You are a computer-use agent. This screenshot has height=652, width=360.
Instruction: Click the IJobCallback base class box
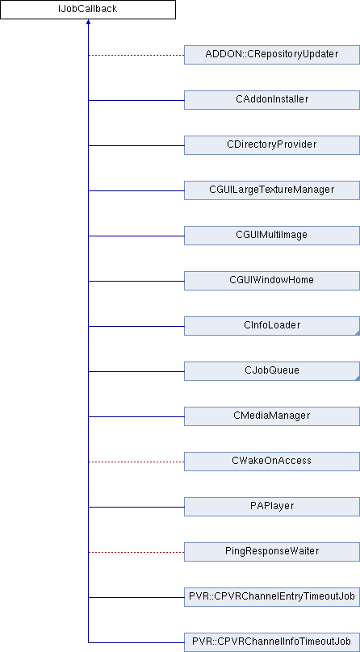[x=88, y=10]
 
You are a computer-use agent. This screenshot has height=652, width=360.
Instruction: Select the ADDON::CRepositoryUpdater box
[x=272, y=55]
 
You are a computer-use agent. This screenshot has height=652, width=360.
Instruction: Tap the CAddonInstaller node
[x=272, y=100]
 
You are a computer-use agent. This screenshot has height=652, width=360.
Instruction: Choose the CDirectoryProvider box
[x=272, y=145]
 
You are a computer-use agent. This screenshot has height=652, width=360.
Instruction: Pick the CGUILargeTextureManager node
[x=272, y=190]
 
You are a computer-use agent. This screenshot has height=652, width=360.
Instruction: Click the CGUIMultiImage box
[x=272, y=236]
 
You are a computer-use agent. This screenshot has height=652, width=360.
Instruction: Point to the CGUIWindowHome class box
[x=272, y=281]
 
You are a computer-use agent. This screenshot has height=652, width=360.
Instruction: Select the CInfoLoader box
[x=272, y=326]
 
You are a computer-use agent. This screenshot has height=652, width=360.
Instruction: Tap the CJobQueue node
[x=272, y=371]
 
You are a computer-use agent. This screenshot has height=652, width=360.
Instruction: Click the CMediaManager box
[x=272, y=416]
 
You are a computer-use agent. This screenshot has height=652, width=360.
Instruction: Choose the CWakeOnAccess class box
[x=272, y=462]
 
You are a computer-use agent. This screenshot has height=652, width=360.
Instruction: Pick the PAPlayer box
[x=272, y=507]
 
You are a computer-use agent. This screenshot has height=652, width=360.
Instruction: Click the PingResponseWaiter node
[x=272, y=552]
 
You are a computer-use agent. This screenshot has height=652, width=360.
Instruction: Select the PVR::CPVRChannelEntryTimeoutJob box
[x=272, y=597]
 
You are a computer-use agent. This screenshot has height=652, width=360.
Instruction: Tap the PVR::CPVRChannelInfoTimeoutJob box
[x=272, y=642]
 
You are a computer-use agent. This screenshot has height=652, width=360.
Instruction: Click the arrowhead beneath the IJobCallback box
[x=88, y=22]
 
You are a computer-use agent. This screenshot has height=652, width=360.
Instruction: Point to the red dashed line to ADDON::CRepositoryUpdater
[x=136, y=55]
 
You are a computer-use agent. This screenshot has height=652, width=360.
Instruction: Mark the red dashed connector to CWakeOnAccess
[x=136, y=462]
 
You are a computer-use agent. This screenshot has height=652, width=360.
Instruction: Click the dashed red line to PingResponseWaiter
[x=136, y=552]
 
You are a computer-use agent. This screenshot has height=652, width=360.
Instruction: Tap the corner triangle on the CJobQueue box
[x=358, y=378]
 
